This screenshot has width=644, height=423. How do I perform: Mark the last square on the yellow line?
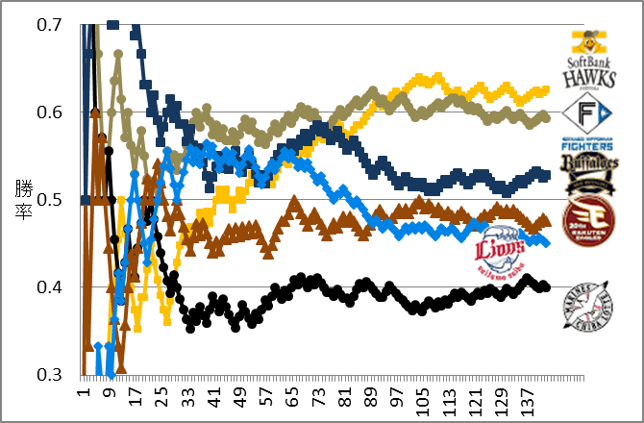pyautogui.click(x=545, y=90)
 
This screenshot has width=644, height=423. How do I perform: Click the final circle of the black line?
pyautogui.click(x=545, y=286)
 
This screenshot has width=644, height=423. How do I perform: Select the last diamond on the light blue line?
pyautogui.click(x=545, y=242)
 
